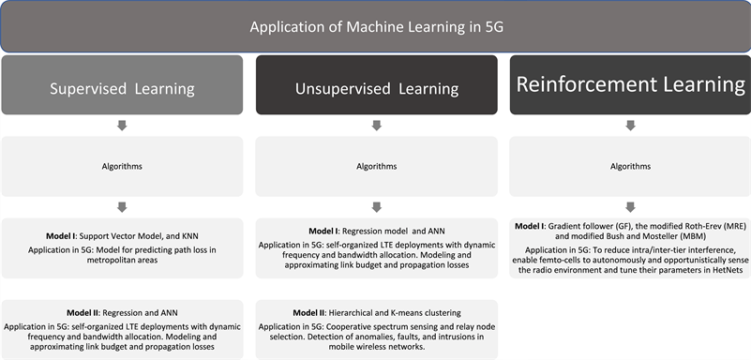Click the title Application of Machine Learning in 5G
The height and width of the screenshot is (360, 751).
[376, 26]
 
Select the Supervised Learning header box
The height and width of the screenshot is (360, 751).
[122, 89]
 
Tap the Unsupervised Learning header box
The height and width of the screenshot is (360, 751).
[376, 89]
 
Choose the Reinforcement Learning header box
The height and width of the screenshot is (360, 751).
[629, 84]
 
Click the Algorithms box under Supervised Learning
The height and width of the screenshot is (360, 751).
[122, 166]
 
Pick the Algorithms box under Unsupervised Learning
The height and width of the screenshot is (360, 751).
[376, 166]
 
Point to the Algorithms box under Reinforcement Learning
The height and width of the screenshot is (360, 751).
[629, 166]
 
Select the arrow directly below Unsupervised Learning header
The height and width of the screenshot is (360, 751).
[376, 125]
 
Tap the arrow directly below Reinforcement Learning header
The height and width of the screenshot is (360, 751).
[629, 125]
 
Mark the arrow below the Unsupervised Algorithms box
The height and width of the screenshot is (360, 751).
[376, 207]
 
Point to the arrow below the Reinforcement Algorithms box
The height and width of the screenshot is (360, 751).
[629, 207]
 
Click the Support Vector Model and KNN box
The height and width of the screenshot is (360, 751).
[122, 248]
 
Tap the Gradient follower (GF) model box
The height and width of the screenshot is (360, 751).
[629, 249]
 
